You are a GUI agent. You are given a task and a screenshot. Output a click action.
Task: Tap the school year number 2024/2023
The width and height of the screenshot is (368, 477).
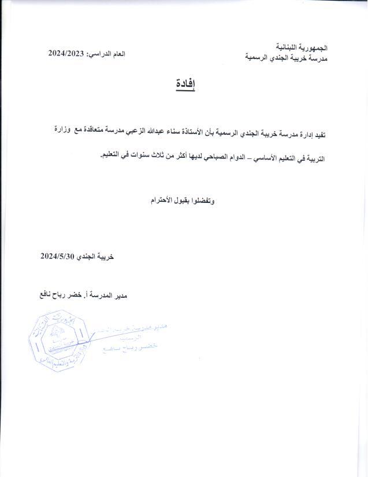click(x=67, y=53)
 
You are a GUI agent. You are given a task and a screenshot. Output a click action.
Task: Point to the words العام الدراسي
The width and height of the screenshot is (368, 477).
click(x=106, y=53)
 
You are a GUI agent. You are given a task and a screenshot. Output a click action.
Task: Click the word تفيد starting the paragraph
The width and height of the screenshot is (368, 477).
click(x=318, y=135)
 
